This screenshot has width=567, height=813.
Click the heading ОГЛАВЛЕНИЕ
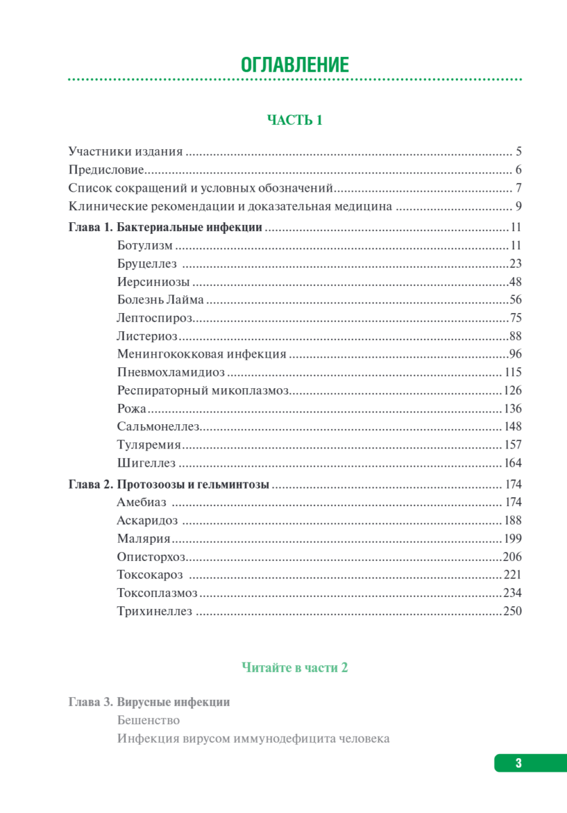295,65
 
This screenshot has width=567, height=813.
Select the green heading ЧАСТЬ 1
295,121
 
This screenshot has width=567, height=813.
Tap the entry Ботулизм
144,245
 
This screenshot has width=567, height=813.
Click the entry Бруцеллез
146,264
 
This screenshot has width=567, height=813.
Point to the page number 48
515,282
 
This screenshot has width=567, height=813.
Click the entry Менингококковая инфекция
201,354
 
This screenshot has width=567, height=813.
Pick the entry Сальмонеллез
157,427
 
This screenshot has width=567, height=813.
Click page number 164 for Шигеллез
513,463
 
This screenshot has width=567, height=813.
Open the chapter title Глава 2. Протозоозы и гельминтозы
169,484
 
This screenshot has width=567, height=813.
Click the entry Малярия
143,539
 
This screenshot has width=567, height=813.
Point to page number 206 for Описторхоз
512,557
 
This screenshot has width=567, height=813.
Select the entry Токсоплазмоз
157,593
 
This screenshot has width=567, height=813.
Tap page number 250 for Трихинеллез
512,612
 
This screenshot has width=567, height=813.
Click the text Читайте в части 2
295,667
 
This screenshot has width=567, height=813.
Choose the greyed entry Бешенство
148,720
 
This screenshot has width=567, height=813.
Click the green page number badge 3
519,763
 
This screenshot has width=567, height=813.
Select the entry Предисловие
106,170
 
